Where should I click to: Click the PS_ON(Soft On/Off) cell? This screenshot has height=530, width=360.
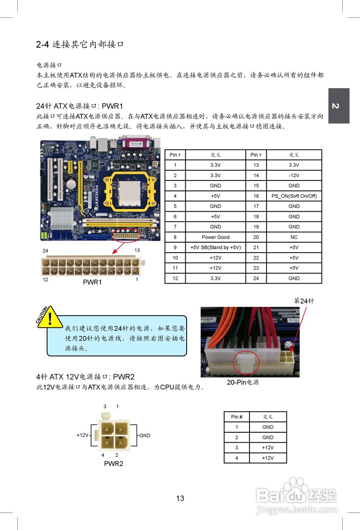coord(294,196)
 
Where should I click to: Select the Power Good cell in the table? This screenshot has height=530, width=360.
coord(215,237)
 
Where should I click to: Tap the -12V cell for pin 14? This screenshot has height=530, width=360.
coord(294,175)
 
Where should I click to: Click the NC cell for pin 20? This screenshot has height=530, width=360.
coord(294,237)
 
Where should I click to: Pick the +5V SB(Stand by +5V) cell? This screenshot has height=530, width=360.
coord(215,248)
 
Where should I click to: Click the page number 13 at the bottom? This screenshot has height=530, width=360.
coord(180,498)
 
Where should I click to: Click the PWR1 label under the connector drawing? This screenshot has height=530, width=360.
coord(92,282)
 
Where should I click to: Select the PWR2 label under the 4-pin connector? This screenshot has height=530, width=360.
coord(113,464)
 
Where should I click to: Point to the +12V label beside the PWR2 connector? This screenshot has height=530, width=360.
coord(83,435)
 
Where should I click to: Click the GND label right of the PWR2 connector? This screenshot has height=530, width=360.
coord(145,436)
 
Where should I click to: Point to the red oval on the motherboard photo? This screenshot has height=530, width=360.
coord(127,235)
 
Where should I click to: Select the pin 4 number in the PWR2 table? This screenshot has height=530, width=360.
coord(237,458)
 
